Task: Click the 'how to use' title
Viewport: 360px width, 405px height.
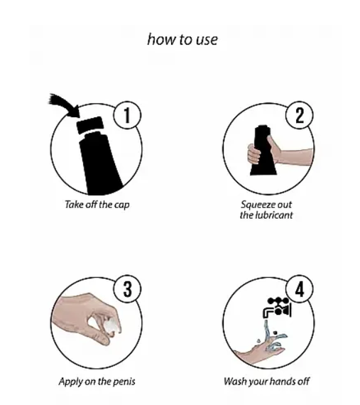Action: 182,40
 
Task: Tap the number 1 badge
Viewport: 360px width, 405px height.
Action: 127,115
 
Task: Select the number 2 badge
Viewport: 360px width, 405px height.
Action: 300,115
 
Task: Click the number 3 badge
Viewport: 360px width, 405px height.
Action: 128,288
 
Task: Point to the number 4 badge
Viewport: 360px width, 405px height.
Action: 300,288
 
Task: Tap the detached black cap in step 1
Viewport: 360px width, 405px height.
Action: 90,125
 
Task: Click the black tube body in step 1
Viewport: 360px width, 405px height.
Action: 100,163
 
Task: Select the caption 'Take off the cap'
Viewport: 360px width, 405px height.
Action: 97,205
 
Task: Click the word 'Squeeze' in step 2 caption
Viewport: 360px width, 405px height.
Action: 256,205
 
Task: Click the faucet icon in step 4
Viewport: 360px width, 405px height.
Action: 277,308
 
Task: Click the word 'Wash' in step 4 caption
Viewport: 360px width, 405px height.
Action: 234,382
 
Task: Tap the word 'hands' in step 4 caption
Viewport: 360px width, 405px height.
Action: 281,382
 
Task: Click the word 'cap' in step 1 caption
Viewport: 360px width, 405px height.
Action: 122,205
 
